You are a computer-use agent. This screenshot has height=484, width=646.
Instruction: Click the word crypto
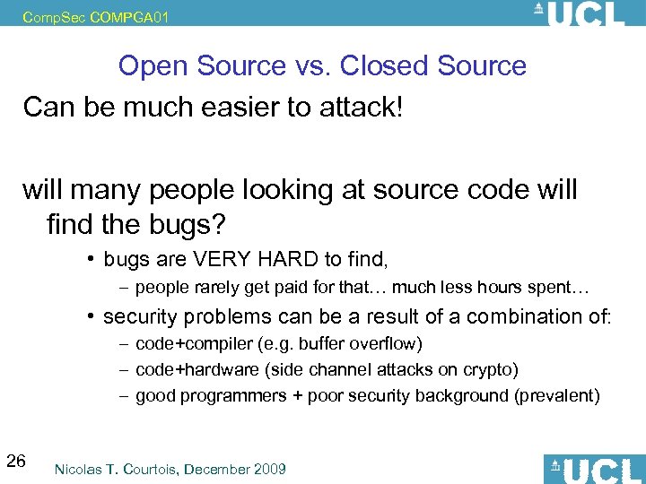pos(490,369)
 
